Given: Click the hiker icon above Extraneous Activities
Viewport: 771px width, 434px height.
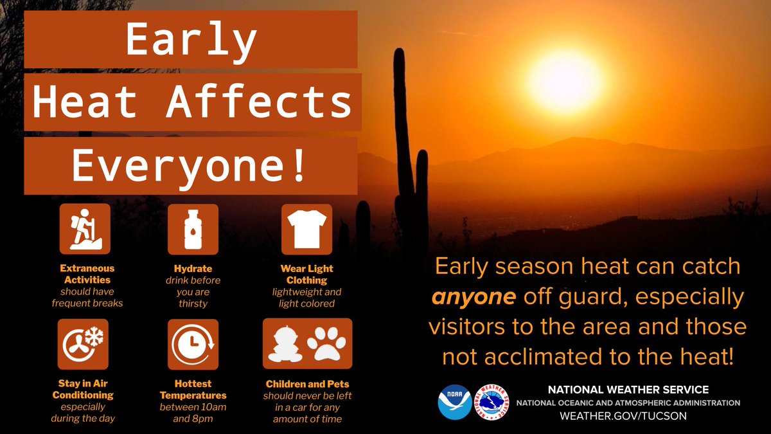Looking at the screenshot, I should point(85,230).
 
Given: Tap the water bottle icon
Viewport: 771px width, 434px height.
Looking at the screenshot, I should point(193,230).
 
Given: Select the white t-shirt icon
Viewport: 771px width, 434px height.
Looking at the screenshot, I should point(306,230).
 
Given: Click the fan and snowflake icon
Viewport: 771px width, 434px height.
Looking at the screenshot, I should point(85,344).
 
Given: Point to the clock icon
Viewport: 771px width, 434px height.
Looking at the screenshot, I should point(193,344).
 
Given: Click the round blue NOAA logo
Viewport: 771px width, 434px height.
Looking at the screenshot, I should point(454,402).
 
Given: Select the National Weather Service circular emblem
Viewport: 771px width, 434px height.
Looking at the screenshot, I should point(492,402).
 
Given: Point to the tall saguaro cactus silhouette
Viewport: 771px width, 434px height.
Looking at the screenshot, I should point(404,161).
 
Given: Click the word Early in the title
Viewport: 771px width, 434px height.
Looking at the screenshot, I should point(191,41).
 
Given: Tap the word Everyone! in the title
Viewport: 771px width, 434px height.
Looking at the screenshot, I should point(190,166).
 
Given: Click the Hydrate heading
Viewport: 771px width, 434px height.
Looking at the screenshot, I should point(193,268).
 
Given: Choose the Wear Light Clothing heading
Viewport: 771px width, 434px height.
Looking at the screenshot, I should point(307,274).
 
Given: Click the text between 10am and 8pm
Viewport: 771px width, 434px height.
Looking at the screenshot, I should point(193,413).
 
